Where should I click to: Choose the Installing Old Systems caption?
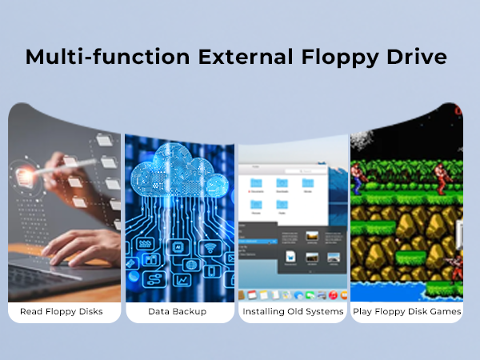point(293,311)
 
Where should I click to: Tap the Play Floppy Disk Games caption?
point(406,311)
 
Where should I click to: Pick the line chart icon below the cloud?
point(181,280)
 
